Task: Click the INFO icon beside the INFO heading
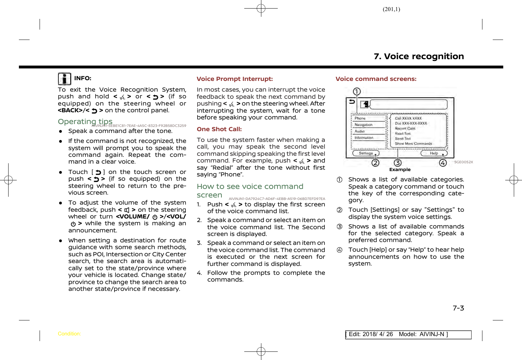65,79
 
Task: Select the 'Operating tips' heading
85,122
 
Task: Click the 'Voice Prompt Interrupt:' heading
235,79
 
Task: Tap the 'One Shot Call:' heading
219,129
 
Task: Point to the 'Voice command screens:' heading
376,79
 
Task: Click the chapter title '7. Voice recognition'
419,56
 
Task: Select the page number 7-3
458,308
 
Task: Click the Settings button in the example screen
366,153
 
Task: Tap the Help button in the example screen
434,153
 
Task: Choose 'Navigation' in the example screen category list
363,125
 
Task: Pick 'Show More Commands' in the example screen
413,144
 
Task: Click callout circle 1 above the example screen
357,92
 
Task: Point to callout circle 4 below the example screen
443,163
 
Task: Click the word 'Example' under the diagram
400,170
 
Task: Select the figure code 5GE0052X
463,162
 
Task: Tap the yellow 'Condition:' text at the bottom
69,334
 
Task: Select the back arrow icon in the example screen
352,102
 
